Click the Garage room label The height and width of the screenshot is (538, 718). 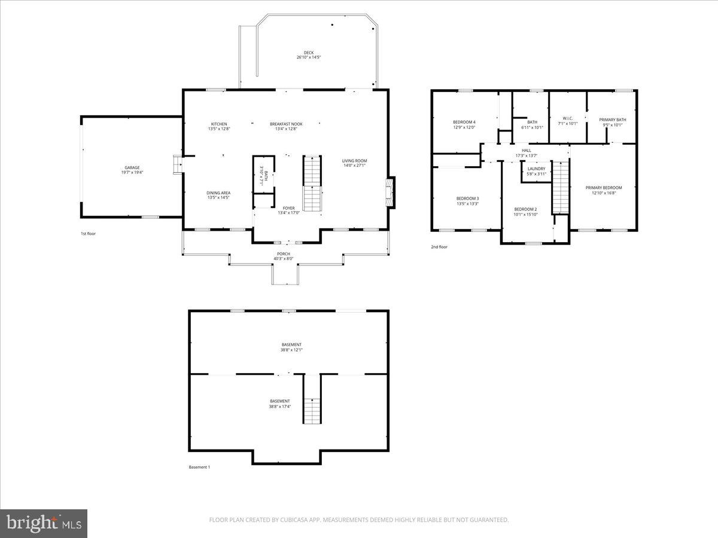132,167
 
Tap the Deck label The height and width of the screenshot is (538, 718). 308,53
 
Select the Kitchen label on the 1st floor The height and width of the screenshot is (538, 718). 219,124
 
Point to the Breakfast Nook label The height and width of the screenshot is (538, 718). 286,124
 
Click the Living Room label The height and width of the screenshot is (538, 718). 354,161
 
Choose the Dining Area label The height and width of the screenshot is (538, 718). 218,193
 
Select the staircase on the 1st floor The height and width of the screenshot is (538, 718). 312,183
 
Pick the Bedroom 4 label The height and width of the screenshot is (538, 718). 464,122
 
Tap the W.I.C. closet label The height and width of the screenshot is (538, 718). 568,118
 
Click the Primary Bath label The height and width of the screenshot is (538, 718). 613,120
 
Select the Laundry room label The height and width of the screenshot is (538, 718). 536,169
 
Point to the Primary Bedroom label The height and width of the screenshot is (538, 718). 603,188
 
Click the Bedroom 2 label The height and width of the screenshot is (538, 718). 525,209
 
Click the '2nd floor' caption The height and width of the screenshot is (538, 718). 439,247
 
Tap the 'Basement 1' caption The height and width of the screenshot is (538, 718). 199,467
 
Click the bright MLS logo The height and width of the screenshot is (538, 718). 44,524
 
